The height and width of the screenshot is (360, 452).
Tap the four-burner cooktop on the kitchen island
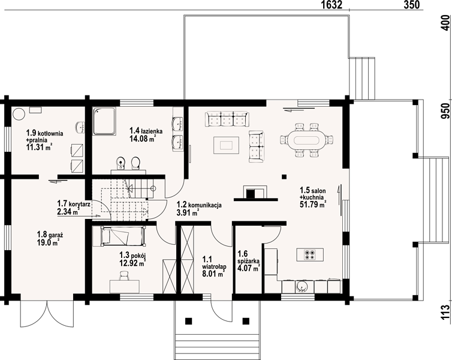pos(310,254)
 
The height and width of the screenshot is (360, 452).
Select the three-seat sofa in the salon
pos(227,119)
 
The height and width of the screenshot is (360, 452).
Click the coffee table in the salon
pos(226,145)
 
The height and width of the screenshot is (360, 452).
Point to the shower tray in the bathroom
pos(104,121)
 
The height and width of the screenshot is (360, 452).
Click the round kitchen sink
pos(302,286)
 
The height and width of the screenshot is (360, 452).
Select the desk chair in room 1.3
pos(124,275)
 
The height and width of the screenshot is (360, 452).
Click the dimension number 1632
pos(332,5)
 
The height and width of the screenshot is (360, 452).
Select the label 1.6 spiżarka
pos(248,257)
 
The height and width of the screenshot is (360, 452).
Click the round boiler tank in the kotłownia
pos(19,114)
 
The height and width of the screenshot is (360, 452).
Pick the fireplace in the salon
pos(255,193)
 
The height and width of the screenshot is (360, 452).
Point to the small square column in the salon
pos(284,177)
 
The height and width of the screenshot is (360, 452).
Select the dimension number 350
pos(411,5)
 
